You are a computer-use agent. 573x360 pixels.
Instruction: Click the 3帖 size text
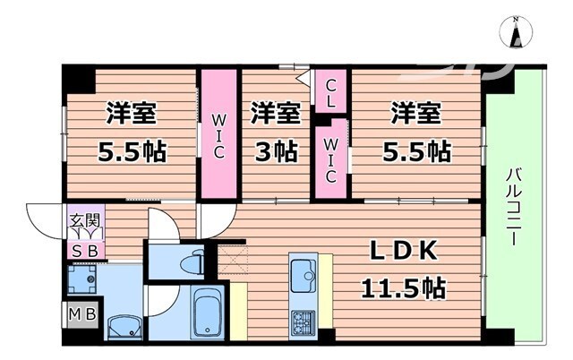tap(273, 150)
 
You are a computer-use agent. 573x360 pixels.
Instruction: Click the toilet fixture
tap(189, 262)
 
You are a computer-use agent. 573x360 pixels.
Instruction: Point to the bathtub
tap(207, 313)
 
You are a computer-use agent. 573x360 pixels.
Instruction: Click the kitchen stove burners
tap(302, 320)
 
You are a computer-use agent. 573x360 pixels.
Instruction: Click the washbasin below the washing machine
tap(122, 324)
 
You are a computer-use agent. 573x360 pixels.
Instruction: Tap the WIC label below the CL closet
tap(331, 161)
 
